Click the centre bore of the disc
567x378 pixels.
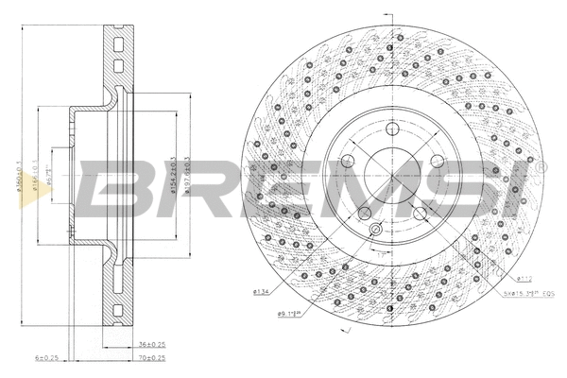393,176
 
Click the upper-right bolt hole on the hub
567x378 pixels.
437,161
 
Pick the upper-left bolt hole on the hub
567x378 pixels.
349,161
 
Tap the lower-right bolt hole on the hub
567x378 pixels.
421,214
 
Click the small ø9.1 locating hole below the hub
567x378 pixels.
375,230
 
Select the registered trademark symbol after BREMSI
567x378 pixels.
542,166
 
